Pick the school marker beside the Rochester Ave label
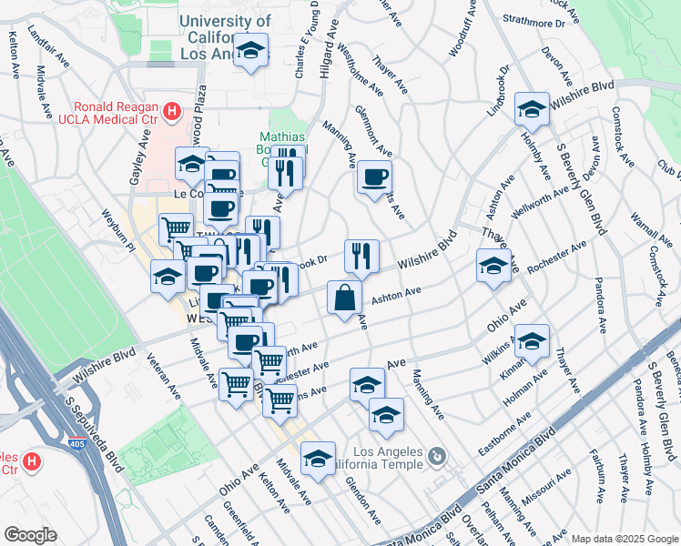493,266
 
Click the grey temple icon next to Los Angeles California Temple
439,455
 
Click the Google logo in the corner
30,535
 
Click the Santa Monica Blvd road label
521,464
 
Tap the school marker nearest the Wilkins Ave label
533,341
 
